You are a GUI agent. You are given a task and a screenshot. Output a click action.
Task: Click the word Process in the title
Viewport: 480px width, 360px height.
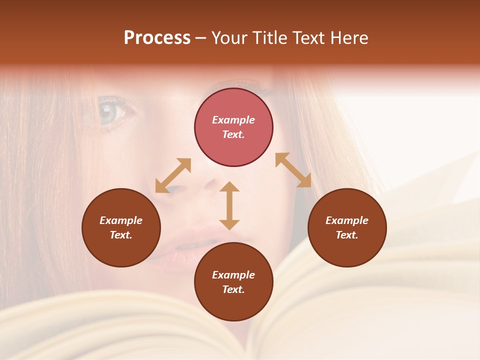click(157, 38)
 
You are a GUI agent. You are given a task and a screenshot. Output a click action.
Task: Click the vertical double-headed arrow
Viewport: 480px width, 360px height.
click(229, 205)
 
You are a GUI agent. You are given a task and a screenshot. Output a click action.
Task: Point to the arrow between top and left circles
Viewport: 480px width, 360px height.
click(173, 175)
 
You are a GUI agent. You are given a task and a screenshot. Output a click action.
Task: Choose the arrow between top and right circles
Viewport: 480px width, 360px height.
click(293, 170)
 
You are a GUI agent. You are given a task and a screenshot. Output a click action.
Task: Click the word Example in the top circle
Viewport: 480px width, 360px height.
click(233, 120)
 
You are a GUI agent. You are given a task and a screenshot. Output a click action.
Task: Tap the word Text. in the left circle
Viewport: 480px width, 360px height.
click(121, 235)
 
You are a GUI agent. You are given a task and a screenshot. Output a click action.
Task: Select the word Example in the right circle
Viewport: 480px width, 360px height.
click(347, 220)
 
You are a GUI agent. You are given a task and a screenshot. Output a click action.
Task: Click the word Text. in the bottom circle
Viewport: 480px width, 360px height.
click(233, 289)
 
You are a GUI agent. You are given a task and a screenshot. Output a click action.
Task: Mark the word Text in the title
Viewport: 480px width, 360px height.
click(306, 38)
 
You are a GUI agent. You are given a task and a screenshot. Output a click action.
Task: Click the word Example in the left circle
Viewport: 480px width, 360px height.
click(121, 220)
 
